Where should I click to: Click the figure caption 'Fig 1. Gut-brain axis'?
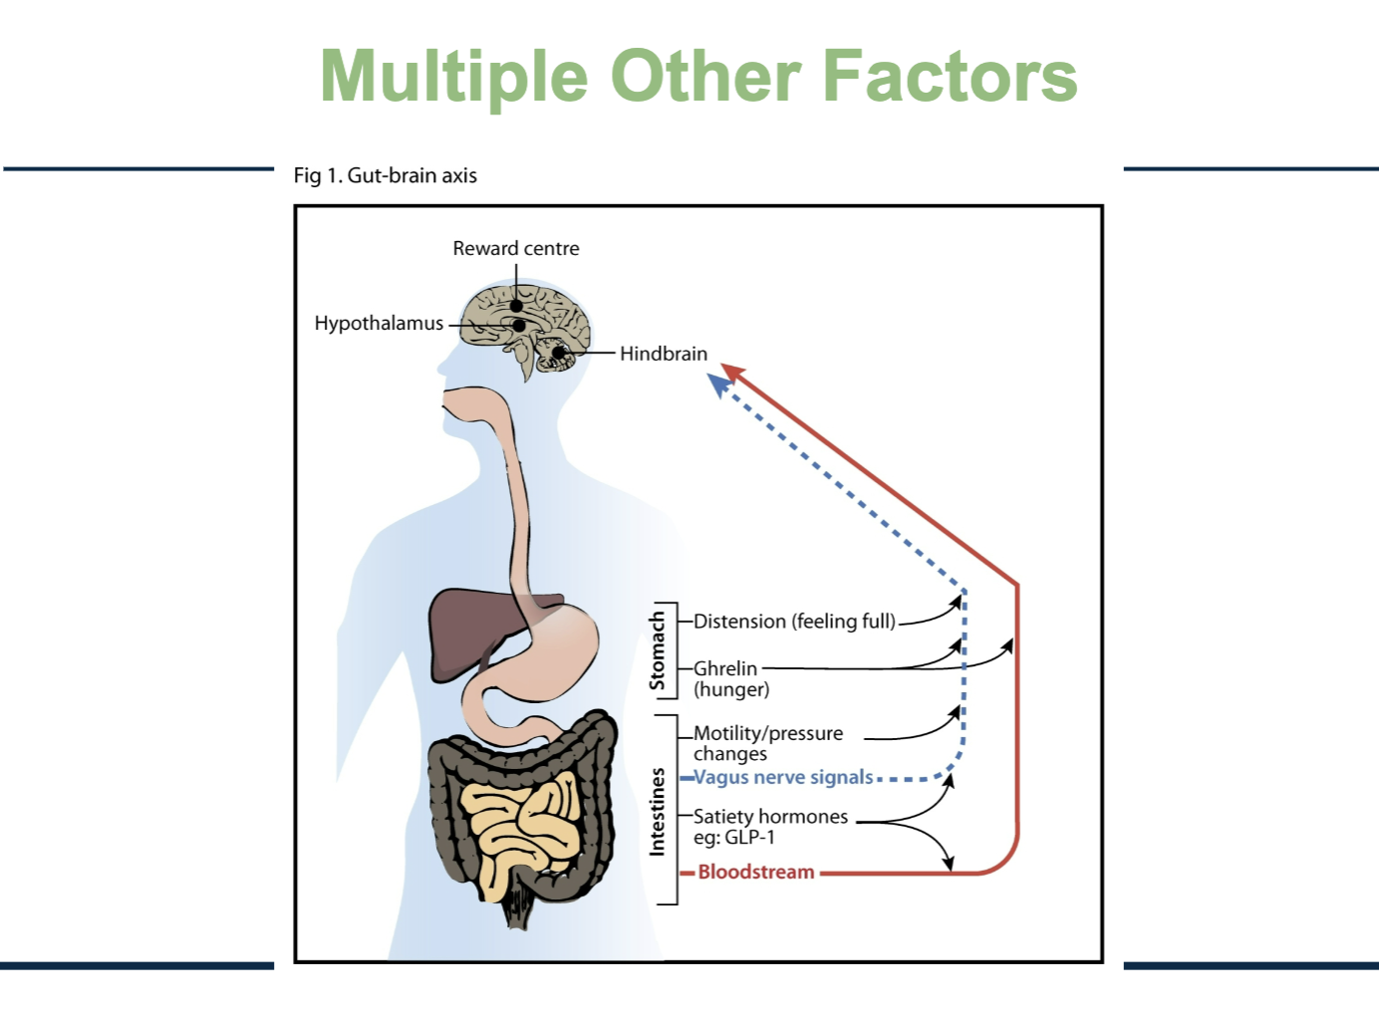pos(385,175)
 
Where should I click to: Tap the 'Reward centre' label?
pos(515,248)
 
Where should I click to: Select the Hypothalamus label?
pos(379,323)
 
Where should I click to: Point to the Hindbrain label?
pos(663,354)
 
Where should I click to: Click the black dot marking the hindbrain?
pos(559,352)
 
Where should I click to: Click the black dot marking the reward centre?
pos(516,306)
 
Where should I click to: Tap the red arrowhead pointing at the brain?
pos(732,373)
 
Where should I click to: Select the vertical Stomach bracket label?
pos(657,651)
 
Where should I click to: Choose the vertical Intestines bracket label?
pos(657,811)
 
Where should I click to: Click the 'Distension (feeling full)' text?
pos(794,622)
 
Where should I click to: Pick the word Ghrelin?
pos(725,668)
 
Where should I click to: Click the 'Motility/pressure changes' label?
pos(767,743)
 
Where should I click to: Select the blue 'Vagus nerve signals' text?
pos(783,777)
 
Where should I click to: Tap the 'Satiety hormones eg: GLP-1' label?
pos(770,827)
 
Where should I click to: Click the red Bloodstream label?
pos(755,872)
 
